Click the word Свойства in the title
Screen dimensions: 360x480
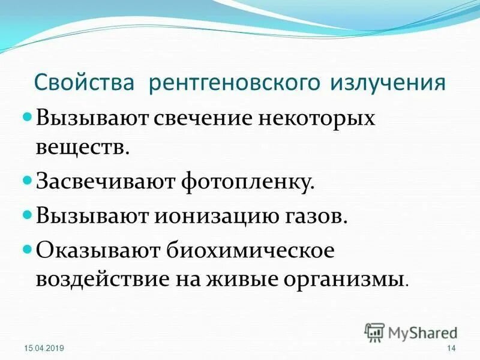tap(85, 82)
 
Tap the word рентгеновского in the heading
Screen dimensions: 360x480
tap(235, 82)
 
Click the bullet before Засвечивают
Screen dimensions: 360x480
tap(28, 181)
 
